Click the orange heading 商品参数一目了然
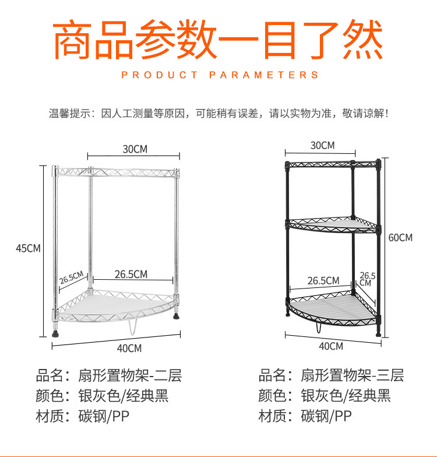[x=218, y=40]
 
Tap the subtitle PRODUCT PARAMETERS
[x=220, y=75]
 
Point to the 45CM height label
[x=28, y=248]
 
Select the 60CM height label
[x=400, y=238]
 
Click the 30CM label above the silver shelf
[x=135, y=149]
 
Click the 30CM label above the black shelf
[x=322, y=145]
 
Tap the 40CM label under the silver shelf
[x=129, y=349]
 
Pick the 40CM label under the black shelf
[x=331, y=346]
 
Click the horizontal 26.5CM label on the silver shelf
[x=131, y=273]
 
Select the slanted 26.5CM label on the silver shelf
[x=73, y=277]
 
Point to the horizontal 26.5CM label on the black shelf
[x=323, y=280]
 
